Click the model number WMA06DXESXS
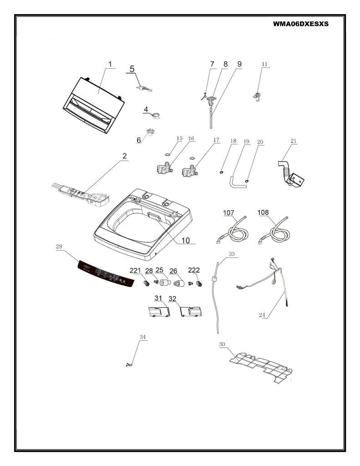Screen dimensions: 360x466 point(301,24)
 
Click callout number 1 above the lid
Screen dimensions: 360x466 point(110,64)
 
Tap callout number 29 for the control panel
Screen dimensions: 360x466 point(59,246)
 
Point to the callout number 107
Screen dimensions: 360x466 point(228,213)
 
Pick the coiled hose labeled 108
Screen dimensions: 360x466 point(274,231)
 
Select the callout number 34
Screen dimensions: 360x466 point(143,337)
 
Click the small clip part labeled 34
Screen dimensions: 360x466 point(129,365)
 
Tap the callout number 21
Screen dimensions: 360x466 point(294,141)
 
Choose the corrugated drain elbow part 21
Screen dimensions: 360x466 point(291,174)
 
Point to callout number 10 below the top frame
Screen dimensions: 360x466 point(186,240)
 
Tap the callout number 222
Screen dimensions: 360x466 point(194,270)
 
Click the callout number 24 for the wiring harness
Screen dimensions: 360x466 point(262,315)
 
